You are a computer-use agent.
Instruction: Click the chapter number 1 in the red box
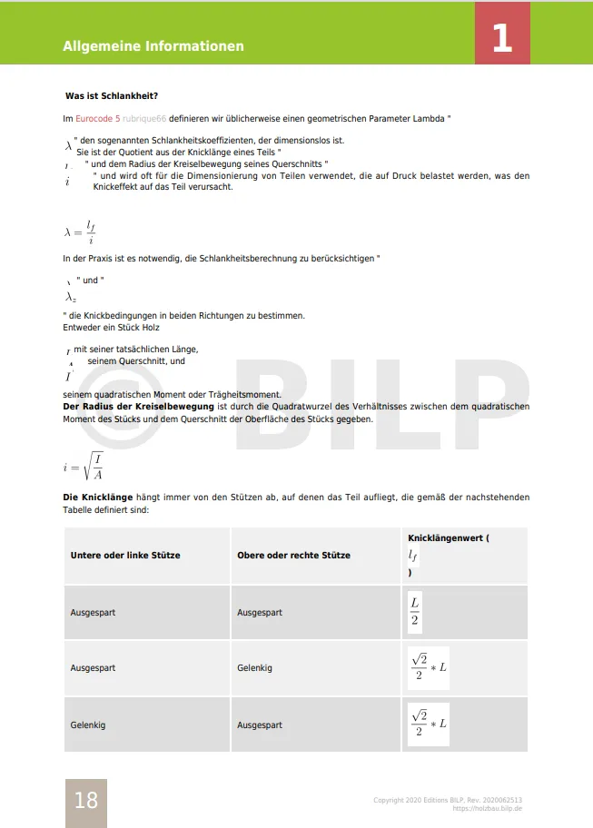click(502, 38)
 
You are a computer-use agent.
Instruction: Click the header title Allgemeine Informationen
click(153, 46)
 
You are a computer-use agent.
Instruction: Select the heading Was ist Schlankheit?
click(114, 96)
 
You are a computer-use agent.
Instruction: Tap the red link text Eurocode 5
click(98, 119)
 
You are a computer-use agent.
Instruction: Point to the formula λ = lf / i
click(80, 231)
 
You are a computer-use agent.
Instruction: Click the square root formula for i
click(84, 467)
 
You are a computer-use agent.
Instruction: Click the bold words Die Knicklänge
click(98, 498)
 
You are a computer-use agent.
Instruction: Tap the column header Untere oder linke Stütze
click(125, 555)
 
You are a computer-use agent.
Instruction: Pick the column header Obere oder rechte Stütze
click(293, 555)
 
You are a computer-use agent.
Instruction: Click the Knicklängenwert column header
click(449, 538)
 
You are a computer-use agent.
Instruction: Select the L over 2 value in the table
click(414, 612)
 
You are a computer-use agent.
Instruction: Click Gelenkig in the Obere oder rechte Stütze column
click(254, 668)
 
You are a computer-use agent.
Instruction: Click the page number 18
click(85, 800)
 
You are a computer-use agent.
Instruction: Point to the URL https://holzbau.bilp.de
click(487, 808)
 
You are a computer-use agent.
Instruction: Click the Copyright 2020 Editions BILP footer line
click(448, 800)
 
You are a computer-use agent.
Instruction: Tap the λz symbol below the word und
click(70, 297)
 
